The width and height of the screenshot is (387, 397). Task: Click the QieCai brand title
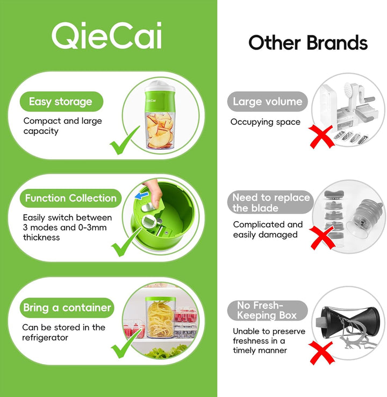106,35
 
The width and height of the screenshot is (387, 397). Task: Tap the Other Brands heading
308,43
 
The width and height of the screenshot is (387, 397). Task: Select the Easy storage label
61,102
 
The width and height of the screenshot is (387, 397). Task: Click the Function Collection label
70,198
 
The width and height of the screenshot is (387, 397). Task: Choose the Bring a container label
67,308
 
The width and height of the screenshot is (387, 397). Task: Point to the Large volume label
267,102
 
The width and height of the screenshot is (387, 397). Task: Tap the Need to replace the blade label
270,202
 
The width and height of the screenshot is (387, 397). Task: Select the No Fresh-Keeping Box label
267,310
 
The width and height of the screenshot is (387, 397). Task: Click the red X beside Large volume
321,137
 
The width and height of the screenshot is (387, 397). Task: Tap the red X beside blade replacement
322,237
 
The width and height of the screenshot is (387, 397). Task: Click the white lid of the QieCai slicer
160,86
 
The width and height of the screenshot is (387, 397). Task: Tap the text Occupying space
266,122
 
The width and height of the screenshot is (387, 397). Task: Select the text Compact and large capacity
62,126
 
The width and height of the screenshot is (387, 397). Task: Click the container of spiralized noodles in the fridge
160,317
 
